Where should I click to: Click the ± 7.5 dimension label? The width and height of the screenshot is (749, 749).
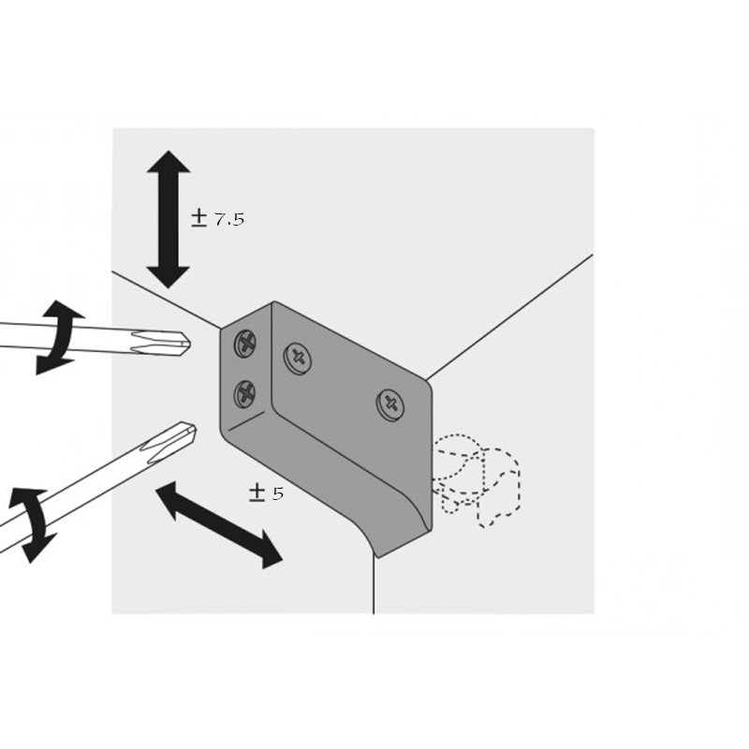[x=218, y=219]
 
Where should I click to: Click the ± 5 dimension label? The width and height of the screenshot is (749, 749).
[x=266, y=492]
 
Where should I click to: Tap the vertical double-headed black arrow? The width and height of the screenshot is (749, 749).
[x=169, y=219]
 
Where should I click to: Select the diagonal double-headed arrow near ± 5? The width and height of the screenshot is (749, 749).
[x=219, y=525]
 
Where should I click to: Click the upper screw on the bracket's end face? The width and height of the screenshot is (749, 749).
[x=245, y=343]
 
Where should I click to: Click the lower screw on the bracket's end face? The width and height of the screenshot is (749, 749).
[x=245, y=394]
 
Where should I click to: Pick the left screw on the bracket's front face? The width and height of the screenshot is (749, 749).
[x=298, y=359]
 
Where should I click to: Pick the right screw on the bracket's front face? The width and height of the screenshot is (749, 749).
[x=390, y=404]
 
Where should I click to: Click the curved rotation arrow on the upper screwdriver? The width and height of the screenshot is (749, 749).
[x=59, y=337]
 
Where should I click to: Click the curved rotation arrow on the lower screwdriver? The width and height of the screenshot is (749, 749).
[x=33, y=524]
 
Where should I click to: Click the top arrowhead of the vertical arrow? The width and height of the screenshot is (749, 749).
[x=169, y=161]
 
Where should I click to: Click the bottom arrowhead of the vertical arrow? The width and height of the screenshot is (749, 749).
[x=169, y=277]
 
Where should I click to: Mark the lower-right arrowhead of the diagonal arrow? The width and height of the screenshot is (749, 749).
[x=270, y=553]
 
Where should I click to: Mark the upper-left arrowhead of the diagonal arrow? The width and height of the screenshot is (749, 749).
[x=169, y=498]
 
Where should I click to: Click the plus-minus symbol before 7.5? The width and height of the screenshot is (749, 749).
[x=198, y=219]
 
